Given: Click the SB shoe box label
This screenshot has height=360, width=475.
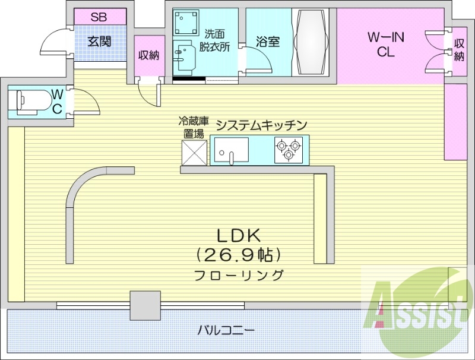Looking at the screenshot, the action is pos(99,17).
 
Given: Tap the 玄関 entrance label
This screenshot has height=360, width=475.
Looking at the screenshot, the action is pos(99,42).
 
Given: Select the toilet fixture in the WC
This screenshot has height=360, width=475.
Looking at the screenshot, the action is pos(29,102).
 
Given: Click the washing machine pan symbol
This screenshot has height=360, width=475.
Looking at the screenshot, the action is pos(186,23).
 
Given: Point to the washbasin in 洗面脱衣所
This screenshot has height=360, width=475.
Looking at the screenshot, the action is pos(185,58).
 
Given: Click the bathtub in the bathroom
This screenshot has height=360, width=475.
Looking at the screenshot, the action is pos(311,42).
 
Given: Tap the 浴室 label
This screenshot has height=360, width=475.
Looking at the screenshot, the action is pos(268,42).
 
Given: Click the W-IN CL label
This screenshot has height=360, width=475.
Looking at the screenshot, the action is pos(385,45).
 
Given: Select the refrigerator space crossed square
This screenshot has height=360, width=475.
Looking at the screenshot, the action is pos(194,153).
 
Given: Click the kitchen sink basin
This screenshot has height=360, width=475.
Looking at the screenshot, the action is pos(232,150).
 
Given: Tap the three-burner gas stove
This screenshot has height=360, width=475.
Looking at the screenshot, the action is pos(289,150).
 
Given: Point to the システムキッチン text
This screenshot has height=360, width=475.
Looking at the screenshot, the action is pos(261,125).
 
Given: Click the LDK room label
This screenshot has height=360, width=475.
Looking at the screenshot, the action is pos(239,235).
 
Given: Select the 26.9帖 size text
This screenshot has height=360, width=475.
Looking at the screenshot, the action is pos(239,255).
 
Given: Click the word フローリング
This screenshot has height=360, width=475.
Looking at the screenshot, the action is pos(239,275).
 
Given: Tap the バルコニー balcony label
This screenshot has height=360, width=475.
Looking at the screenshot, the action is pos(226,330).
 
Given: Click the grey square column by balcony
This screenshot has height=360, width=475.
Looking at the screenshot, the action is pos(145,305).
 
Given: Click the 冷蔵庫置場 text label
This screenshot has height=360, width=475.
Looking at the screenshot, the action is pos(194,127).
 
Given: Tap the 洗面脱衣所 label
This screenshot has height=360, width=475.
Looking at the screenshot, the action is pos(214,40).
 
